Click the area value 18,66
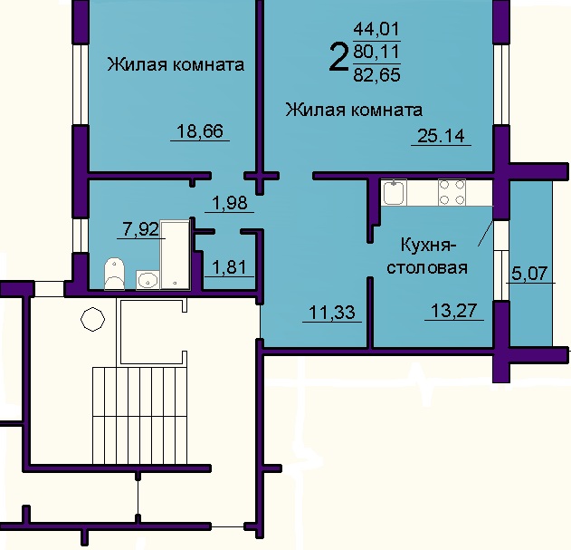200,131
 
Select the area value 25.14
441,136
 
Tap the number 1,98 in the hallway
230,203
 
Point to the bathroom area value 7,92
140,230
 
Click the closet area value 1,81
230,267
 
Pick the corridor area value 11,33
332,313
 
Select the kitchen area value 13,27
453,311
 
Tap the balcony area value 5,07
530,273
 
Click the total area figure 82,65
377,75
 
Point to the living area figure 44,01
377,29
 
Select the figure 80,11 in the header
377,53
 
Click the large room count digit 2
338,57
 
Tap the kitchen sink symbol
395,192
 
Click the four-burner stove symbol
452,192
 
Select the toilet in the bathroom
115,274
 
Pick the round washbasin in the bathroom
148,280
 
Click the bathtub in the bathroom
176,255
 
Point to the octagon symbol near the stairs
93,319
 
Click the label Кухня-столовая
427,256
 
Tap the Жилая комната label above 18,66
176,64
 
